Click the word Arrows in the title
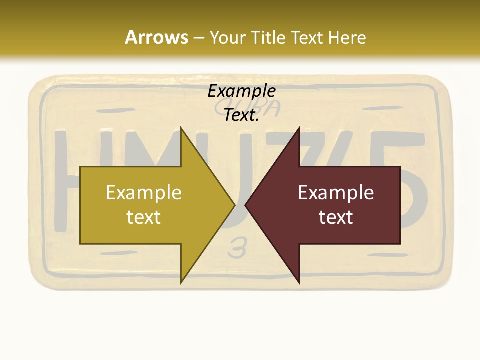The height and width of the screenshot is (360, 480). [x=156, y=37]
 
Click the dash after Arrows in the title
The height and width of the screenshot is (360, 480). [x=198, y=38]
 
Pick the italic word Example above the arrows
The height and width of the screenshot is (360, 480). [x=242, y=91]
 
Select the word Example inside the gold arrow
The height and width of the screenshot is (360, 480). [x=144, y=193]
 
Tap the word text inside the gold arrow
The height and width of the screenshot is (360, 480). [x=144, y=217]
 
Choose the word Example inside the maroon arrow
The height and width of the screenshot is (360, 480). [x=336, y=193]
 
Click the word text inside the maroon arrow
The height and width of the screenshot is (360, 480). [x=336, y=217]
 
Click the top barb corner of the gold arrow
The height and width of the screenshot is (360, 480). [x=181, y=128]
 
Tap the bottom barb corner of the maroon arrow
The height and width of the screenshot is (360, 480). [x=299, y=283]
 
